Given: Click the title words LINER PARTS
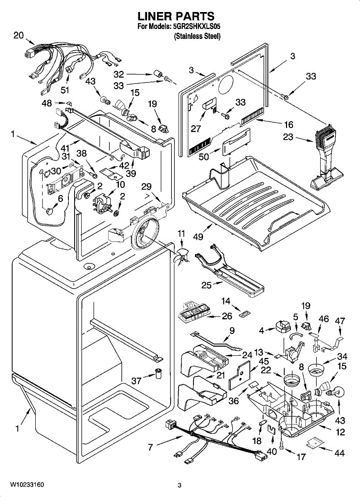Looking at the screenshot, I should pos(176,16).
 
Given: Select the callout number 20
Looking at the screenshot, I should pos(19,36).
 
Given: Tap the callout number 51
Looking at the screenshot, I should pos(65,89).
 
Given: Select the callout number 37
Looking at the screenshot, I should pos(137,380).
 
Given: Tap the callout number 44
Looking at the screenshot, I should pos(339,453).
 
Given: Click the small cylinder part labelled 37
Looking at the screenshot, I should pos(158,373).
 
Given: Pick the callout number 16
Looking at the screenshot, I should pos(288,124).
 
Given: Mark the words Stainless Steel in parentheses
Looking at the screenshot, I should pos(197,36).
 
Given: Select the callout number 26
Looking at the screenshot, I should pos(227,317).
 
